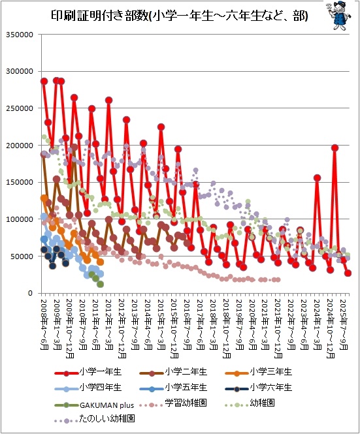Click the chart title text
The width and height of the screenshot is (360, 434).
click(180, 16)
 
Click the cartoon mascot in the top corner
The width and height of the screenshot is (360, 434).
click(338, 15)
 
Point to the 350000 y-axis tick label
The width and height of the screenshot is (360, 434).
click(20, 35)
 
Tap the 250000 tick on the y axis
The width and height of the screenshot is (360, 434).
click(20, 108)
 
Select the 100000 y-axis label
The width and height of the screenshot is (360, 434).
click(20, 219)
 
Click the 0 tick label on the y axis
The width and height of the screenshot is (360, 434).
click(31, 293)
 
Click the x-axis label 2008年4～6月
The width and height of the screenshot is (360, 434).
click(44, 324)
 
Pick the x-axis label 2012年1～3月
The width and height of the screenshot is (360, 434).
click(109, 324)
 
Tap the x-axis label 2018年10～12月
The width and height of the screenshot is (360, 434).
click(227, 328)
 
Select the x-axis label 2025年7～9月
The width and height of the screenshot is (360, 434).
click(344, 324)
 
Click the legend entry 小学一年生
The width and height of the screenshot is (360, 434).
click(88, 372)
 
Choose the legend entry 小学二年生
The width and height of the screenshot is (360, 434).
click(174, 372)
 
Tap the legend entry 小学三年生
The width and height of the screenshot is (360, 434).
click(259, 372)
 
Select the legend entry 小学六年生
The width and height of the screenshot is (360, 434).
click(259, 388)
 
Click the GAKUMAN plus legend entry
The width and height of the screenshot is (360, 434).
click(94, 405)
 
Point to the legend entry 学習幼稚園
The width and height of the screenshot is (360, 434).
click(174, 403)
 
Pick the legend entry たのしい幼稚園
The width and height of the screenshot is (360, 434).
click(95, 419)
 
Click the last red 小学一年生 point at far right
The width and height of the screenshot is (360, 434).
click(348, 273)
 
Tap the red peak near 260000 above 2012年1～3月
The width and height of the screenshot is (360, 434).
click(108, 101)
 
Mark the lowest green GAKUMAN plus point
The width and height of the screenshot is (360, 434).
click(101, 285)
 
